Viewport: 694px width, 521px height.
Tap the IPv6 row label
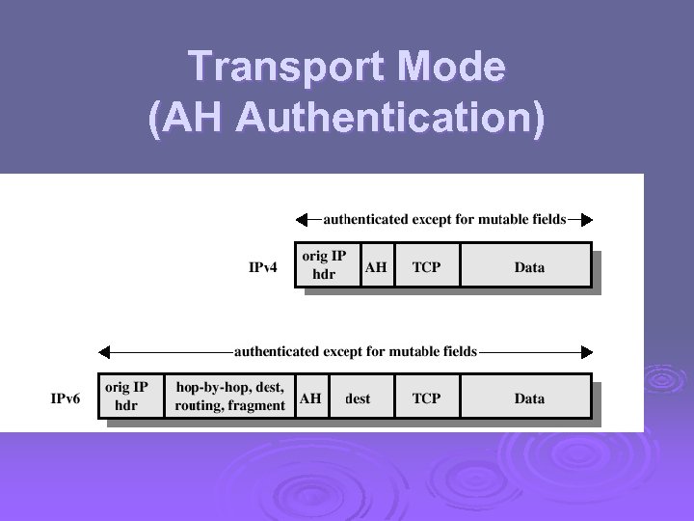pos(67,398)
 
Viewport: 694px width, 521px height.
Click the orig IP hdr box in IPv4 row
pos(326,265)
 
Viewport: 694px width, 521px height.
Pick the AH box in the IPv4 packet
pos(377,265)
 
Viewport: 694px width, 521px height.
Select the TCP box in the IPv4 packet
pos(427,265)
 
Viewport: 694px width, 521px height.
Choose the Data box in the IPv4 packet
pos(527,265)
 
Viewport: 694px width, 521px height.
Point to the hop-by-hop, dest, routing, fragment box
pos(229,397)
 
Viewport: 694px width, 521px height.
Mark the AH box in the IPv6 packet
pos(311,397)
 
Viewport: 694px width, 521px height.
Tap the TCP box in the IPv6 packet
pos(427,397)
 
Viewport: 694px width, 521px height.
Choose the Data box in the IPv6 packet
pos(527,397)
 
